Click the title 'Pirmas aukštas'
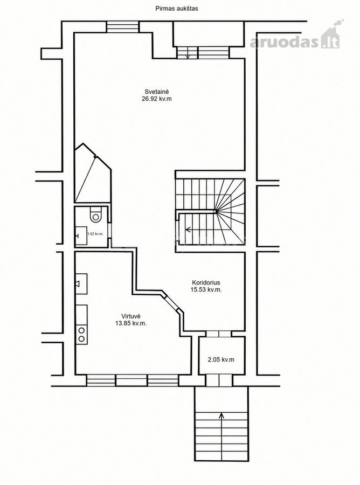177,9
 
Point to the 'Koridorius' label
206,282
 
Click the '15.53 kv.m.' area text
206,290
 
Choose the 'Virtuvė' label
131,316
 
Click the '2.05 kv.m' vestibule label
221,359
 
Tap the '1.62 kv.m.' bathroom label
95,234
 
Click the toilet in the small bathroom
95,214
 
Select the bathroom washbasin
81,235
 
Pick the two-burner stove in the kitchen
81,334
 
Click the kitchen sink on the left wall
81,283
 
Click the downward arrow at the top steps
188,53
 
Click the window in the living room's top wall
122,26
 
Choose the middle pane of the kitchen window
131,380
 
